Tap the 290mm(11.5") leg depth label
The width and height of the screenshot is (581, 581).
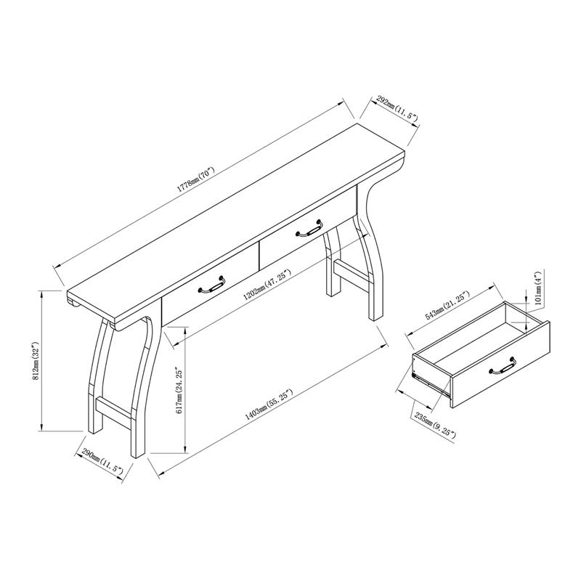click(x=102, y=462)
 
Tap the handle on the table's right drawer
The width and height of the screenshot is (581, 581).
click(x=310, y=229)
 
